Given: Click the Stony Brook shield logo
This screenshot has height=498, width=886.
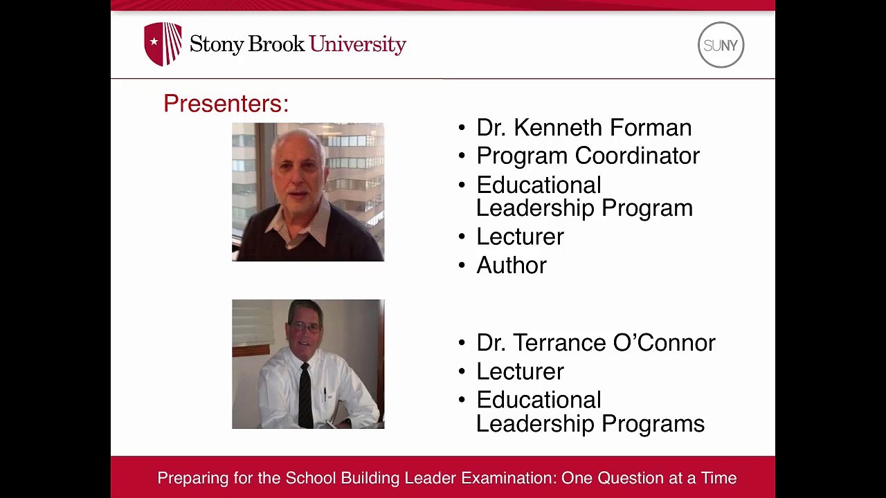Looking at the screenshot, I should click(x=163, y=44).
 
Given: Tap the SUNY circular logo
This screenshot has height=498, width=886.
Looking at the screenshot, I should click(x=721, y=45).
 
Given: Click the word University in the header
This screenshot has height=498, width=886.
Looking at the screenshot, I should click(x=357, y=44).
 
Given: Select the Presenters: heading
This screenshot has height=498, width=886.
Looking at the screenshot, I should click(x=226, y=104).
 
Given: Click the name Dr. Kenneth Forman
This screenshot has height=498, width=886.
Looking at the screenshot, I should click(x=584, y=127).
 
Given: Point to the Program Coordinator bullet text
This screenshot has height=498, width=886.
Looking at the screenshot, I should click(x=588, y=156).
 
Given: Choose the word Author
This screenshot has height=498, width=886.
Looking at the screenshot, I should click(x=512, y=266).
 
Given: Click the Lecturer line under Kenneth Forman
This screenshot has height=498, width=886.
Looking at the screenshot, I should click(x=520, y=237).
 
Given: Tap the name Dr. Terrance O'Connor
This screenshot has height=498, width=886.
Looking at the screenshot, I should click(x=595, y=342).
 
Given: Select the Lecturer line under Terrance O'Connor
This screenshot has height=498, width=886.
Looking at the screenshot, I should click(x=520, y=371).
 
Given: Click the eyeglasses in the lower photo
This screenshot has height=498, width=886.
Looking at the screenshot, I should click(x=305, y=326).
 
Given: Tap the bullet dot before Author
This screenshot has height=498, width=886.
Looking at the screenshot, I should click(x=462, y=266).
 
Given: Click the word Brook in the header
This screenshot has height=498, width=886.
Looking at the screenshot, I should click(x=276, y=44).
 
